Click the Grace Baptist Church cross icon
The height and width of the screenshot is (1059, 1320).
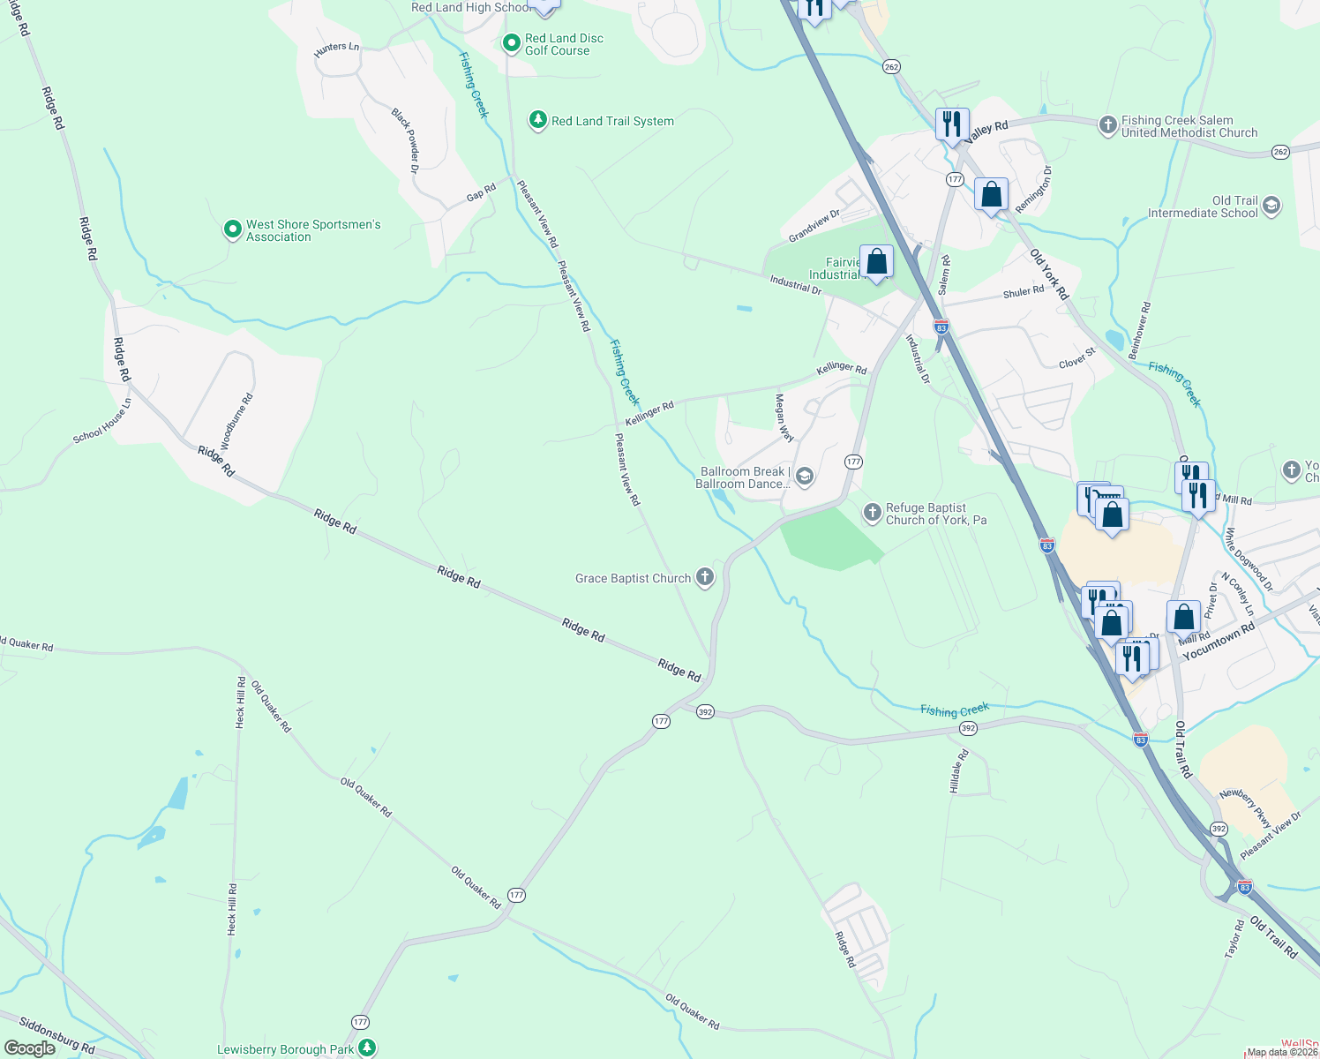[704, 578]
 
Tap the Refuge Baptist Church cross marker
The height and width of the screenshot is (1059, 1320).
[872, 513]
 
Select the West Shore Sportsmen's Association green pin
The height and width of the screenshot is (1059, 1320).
[232, 230]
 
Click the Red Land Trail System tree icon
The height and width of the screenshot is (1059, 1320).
[537, 120]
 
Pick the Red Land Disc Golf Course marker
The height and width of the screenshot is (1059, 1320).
[511, 43]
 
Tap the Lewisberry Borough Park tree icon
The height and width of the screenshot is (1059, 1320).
[366, 1048]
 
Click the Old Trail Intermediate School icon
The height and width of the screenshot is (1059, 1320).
[1271, 207]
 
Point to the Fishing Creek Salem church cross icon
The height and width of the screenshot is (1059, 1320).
[1107, 125]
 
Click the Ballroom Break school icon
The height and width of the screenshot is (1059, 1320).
[804, 477]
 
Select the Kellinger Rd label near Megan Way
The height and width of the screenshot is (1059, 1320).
[841, 367]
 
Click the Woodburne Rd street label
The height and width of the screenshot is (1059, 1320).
[236, 423]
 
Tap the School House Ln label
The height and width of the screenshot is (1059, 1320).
[102, 421]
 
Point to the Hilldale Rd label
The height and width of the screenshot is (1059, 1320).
[959, 770]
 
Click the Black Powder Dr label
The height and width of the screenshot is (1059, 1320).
[406, 139]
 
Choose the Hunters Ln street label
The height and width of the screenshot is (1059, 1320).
[337, 50]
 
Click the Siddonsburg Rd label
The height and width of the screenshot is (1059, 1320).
[56, 1036]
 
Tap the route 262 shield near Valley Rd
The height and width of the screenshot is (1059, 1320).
[890, 66]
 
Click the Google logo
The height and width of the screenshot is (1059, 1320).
[29, 1048]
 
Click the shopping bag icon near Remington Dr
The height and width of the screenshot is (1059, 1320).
[991, 194]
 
